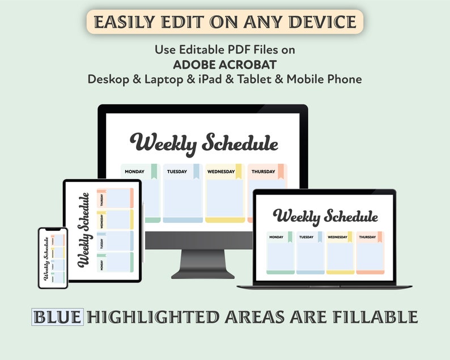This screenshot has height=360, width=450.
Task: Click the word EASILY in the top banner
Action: pyautogui.click(x=121, y=22)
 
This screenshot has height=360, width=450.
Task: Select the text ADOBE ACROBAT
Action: pyautogui.click(x=224, y=64)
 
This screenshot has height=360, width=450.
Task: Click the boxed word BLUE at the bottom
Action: pyautogui.click(x=58, y=316)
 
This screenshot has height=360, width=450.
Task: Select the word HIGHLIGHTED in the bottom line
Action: pyautogui.click(x=151, y=316)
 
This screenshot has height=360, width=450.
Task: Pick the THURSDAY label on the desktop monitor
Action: pyautogui.click(x=263, y=171)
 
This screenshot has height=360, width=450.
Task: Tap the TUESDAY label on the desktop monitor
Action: pyautogui.click(x=177, y=171)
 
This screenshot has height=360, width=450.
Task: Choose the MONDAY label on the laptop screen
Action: pyautogui.click(x=277, y=237)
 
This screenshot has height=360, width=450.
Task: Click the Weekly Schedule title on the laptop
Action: pyautogui.click(x=325, y=217)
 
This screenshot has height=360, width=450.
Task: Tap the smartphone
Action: pyautogui.click(x=53, y=257)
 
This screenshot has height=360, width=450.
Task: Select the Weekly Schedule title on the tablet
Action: pyautogui.click(x=83, y=230)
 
